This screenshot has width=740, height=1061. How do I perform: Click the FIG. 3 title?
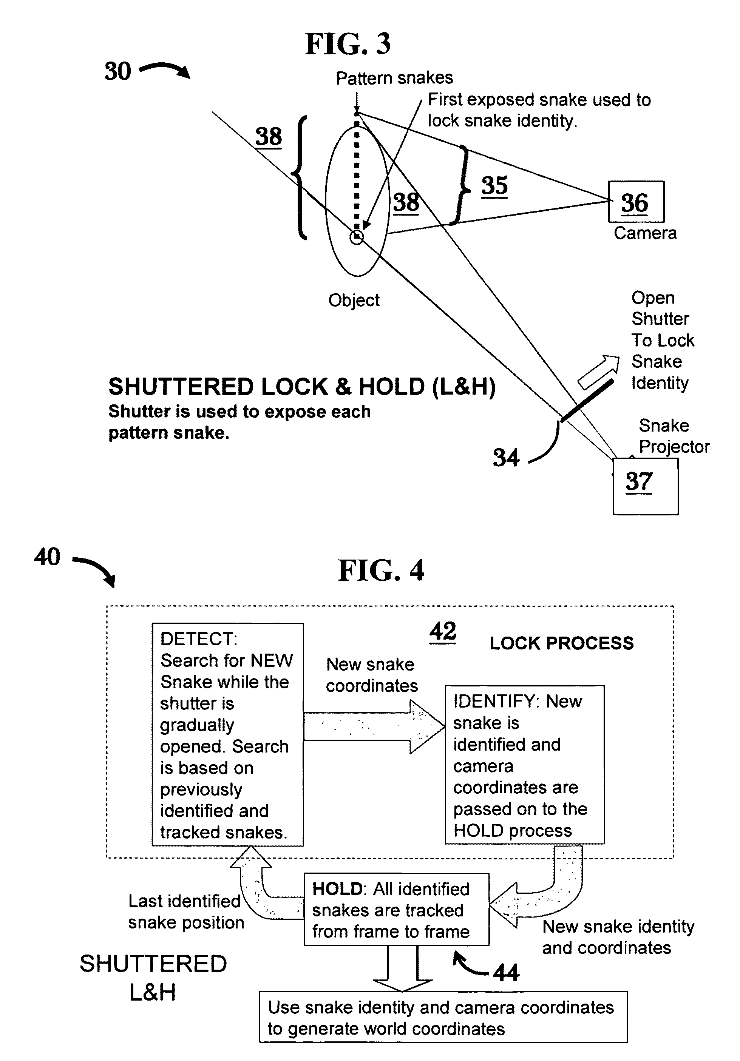(x=348, y=44)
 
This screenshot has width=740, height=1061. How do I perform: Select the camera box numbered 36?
(x=636, y=202)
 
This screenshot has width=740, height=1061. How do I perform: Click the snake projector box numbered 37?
(x=645, y=486)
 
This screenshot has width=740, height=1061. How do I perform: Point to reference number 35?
(x=494, y=186)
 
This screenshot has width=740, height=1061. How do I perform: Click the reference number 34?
(x=506, y=458)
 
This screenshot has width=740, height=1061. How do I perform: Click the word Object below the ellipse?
(x=354, y=301)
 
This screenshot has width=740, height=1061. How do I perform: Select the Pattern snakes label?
(x=394, y=78)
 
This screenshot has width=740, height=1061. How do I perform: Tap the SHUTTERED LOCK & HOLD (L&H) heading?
(x=302, y=386)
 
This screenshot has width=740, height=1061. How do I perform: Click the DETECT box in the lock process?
(x=228, y=735)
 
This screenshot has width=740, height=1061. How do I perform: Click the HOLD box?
(x=396, y=910)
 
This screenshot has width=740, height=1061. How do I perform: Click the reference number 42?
(x=443, y=632)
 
